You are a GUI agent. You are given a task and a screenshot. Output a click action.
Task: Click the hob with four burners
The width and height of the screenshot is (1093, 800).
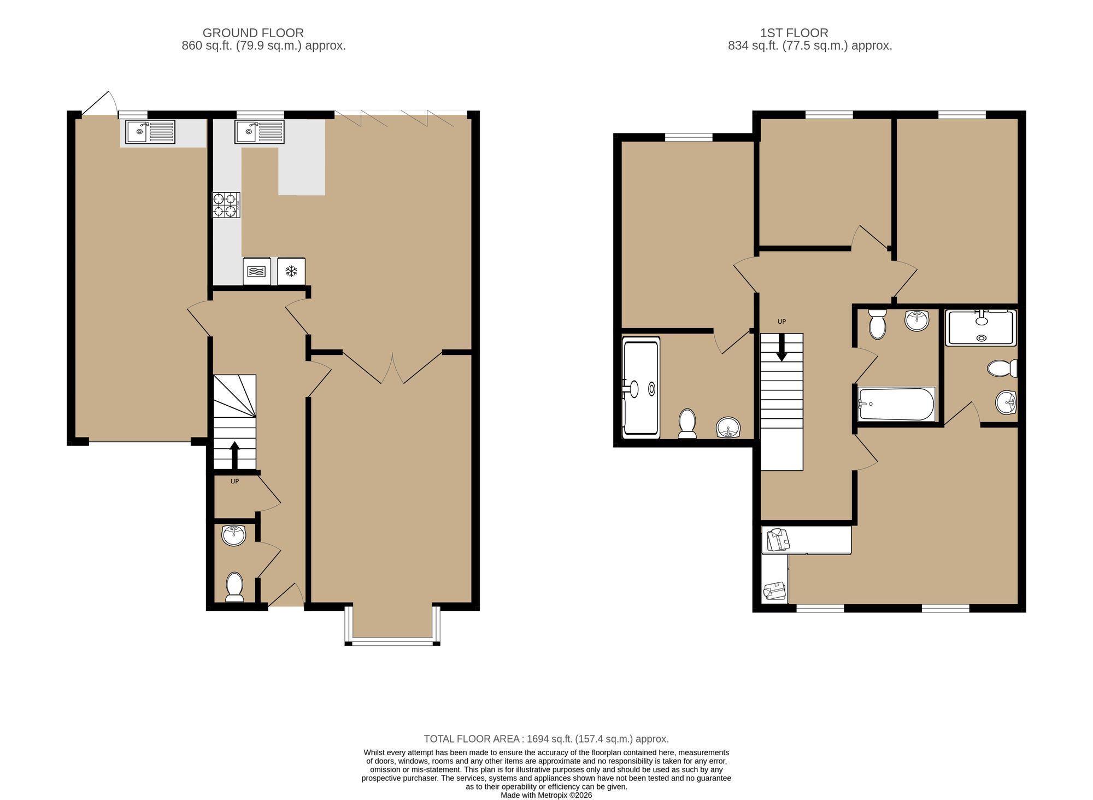click(226, 205)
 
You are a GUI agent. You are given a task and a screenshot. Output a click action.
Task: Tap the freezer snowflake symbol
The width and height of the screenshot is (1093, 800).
click(291, 271)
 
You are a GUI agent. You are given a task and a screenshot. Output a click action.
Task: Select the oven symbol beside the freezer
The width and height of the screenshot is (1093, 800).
click(256, 271)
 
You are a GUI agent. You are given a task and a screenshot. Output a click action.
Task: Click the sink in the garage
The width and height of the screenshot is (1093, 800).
click(150, 132)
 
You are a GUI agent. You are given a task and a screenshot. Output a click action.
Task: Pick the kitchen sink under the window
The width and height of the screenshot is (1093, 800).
click(260, 132)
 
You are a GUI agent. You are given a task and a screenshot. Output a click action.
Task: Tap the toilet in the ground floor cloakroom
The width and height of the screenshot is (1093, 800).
click(235, 587)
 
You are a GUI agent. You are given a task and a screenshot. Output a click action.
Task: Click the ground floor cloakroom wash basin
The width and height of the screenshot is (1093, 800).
click(234, 535)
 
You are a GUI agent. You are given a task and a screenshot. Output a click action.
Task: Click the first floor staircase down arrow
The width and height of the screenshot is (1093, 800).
click(781, 347)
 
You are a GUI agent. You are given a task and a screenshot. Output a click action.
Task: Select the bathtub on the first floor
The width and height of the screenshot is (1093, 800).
click(896, 404)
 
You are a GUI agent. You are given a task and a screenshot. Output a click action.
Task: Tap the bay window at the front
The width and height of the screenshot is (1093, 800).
click(392, 625)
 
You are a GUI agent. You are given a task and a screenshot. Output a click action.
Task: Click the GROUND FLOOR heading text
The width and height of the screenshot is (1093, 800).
click(253, 33)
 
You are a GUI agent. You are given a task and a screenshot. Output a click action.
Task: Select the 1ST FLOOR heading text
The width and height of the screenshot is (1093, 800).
click(794, 33)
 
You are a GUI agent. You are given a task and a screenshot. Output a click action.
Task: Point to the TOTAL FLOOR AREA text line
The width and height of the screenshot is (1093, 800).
click(546, 739)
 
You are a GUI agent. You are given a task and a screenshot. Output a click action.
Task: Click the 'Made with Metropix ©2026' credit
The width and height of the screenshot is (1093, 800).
click(546, 795)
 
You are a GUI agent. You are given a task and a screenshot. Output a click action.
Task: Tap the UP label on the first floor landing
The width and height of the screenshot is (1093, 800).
click(781, 322)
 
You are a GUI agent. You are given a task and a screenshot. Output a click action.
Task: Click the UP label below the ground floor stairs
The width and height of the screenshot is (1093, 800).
click(234, 481)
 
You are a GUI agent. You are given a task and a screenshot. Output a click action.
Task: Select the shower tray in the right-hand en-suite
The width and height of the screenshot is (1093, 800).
click(981, 328)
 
